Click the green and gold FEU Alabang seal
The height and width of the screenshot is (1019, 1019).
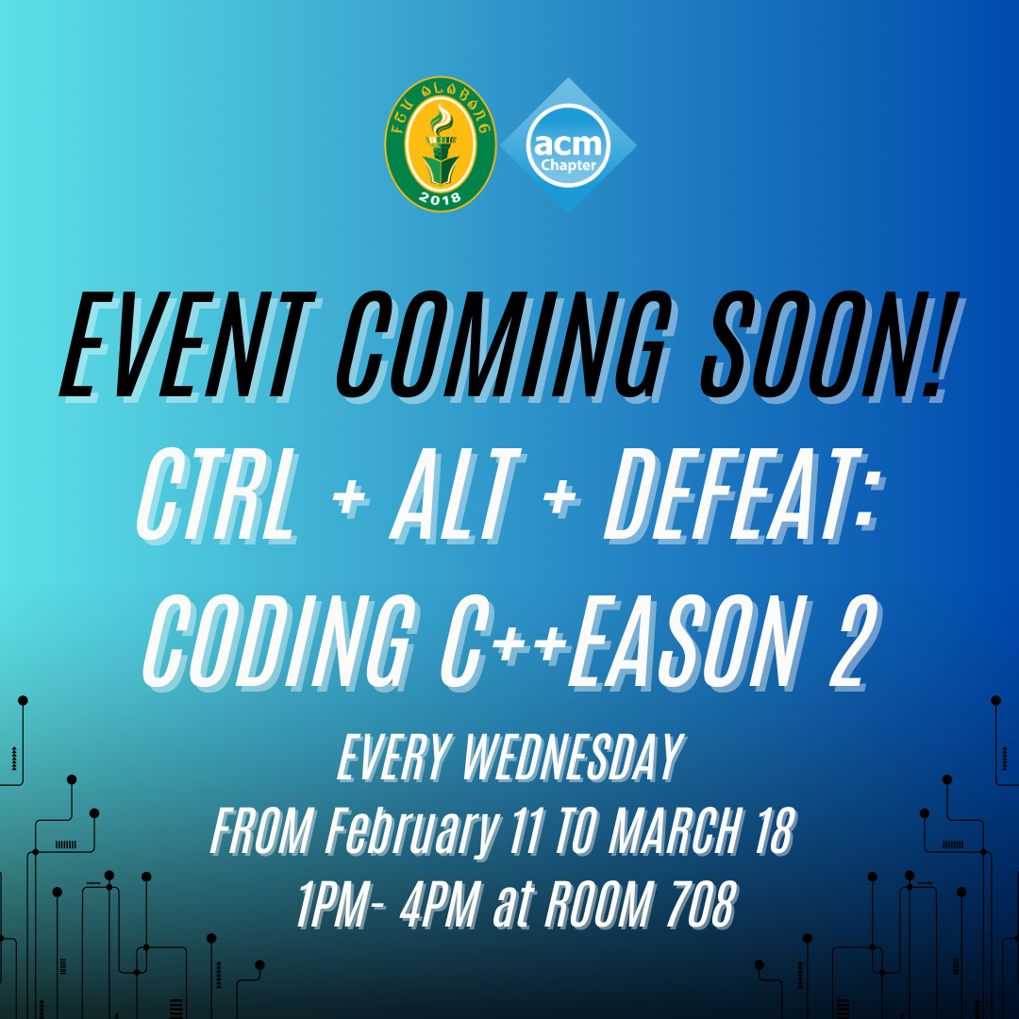coord(440,143)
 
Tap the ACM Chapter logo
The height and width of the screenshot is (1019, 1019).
coord(568,145)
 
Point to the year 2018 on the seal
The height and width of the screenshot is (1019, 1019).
coord(440,197)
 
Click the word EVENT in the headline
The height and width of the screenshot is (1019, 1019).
coord(189,345)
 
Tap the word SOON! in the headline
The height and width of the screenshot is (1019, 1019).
coord(832,345)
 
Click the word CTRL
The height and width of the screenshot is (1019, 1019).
coord(217,496)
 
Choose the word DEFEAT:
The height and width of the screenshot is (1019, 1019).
coord(744,496)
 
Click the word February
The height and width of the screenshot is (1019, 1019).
coord(412,833)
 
